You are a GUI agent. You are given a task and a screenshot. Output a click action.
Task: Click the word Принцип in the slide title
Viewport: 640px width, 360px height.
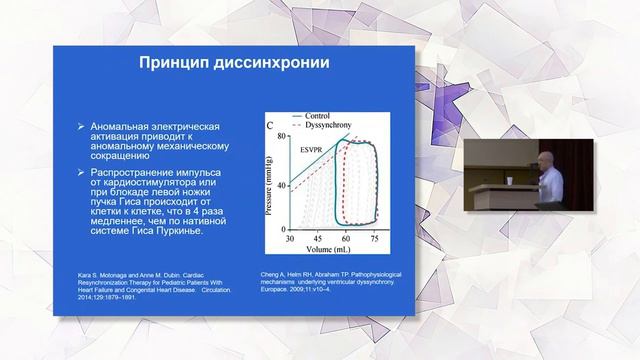click(172, 65)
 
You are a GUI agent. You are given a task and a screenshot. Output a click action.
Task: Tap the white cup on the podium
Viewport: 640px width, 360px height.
click(509, 181)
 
